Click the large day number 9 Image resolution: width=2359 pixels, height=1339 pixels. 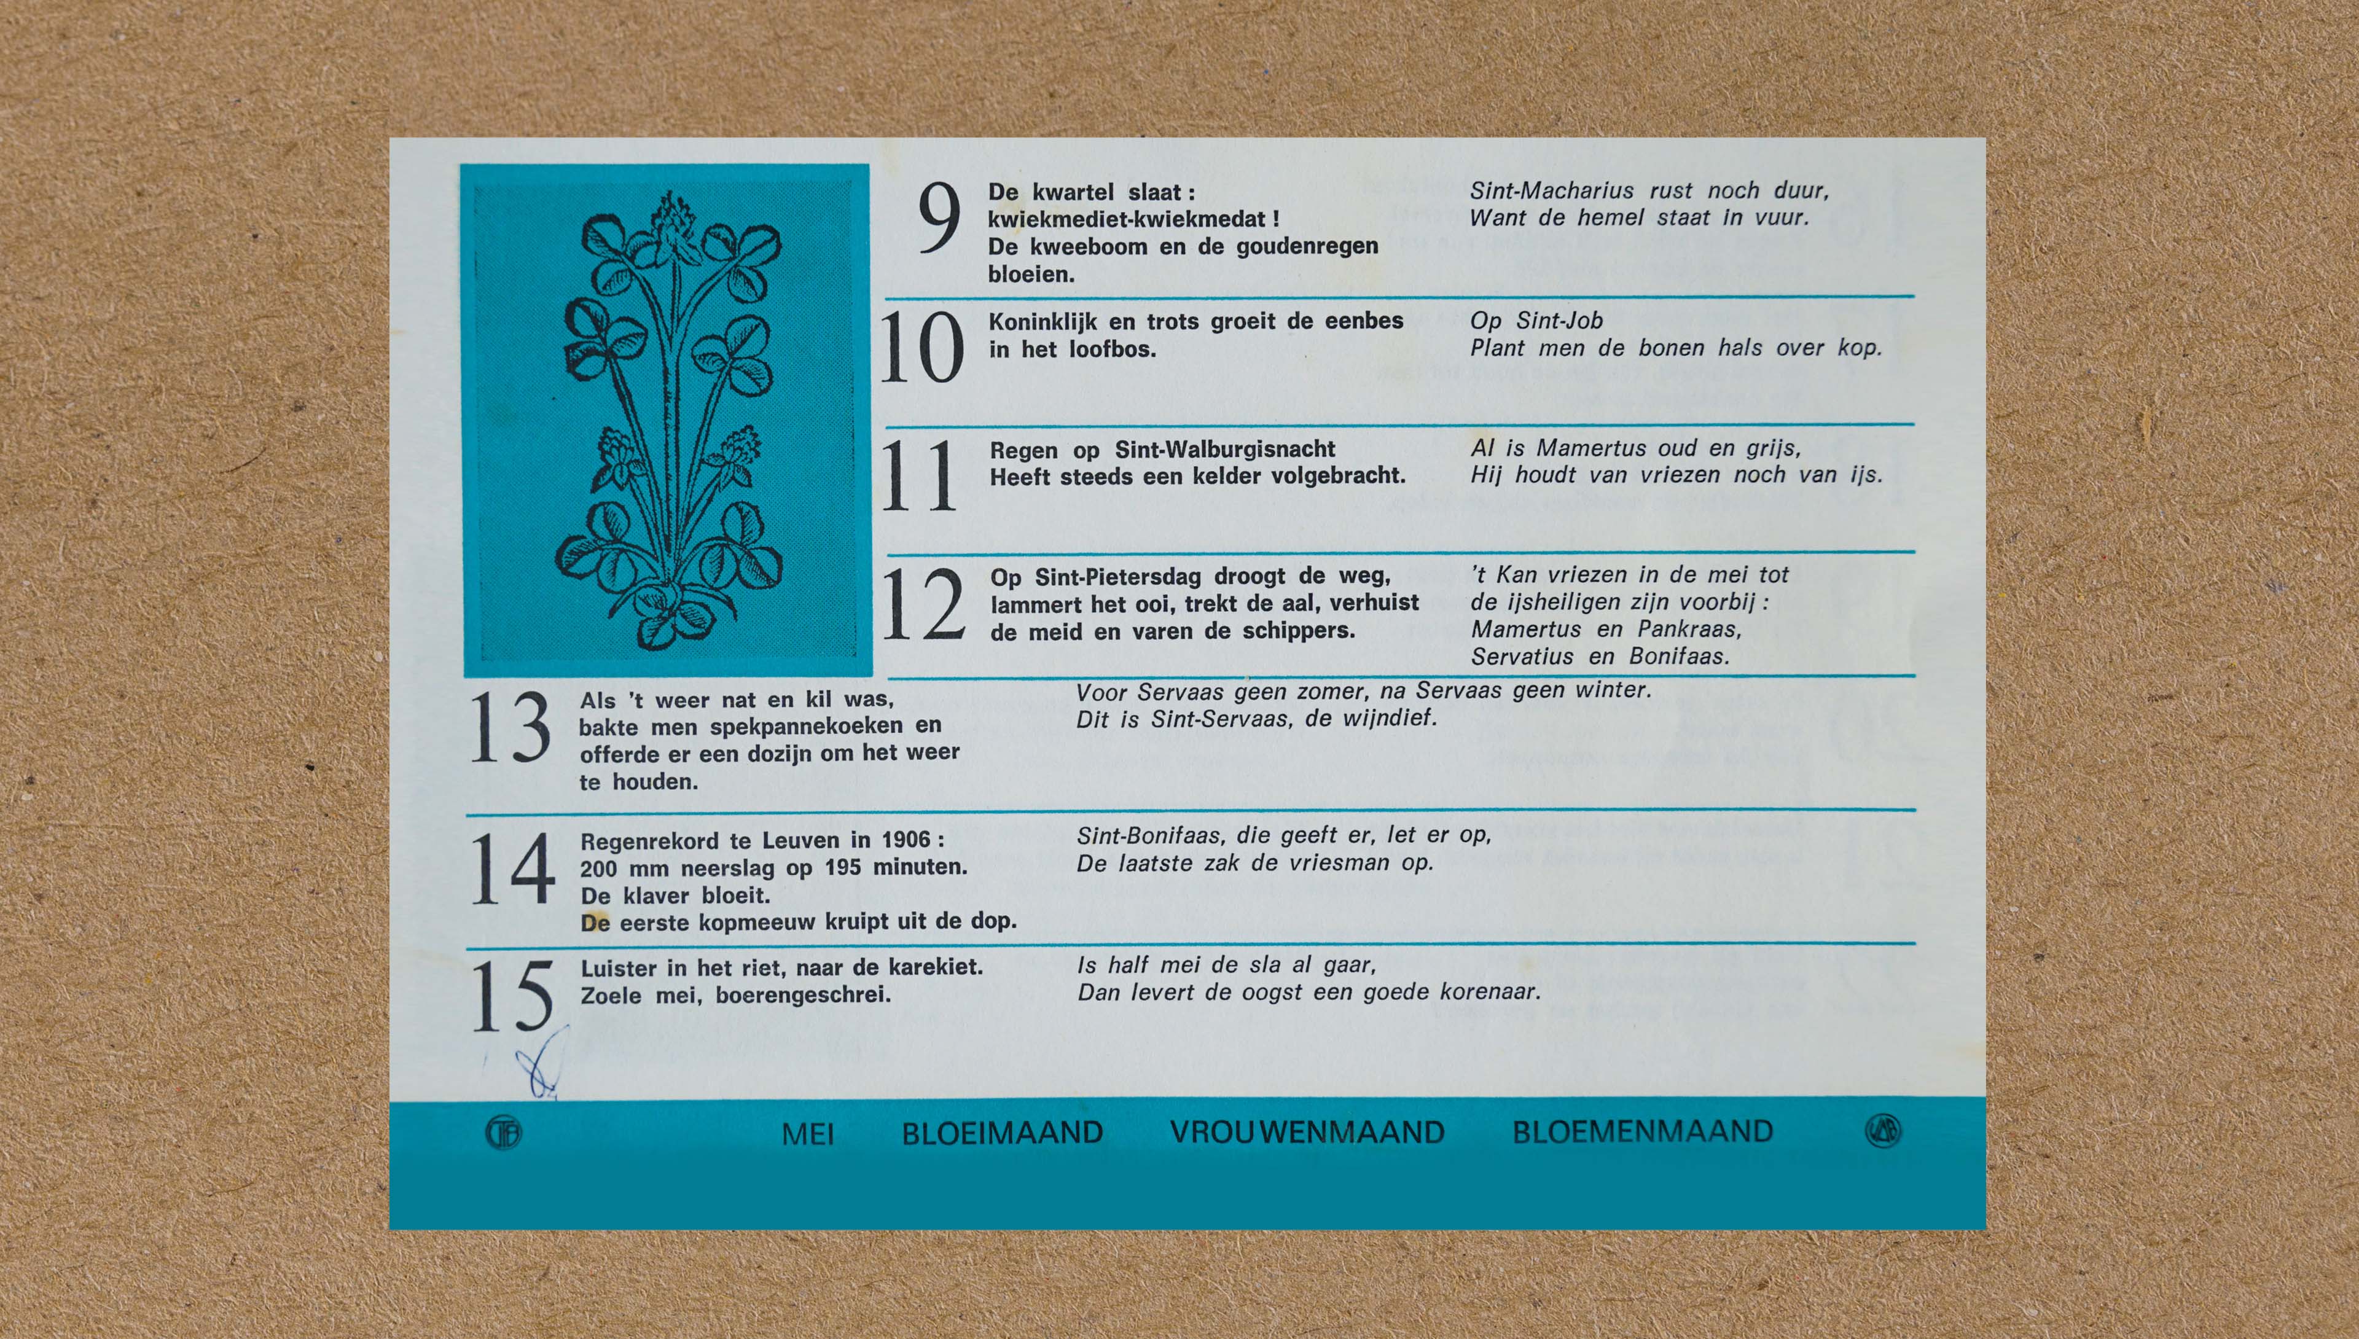pos(939,218)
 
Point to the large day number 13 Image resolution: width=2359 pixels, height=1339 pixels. pos(511,727)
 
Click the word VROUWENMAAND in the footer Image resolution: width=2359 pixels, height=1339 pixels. pos(1307,1132)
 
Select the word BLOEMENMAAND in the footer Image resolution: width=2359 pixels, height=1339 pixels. pos(1643,1131)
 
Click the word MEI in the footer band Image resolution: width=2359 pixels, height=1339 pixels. pos(807,1134)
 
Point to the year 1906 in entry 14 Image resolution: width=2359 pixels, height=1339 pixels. pos(906,840)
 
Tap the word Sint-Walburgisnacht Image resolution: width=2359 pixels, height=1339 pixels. pos(1225,450)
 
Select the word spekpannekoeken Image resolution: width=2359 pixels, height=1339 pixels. pos(805,727)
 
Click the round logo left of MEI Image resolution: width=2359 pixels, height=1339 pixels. pos(503,1132)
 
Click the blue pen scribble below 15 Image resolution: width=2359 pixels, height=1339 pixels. pos(542,1064)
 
